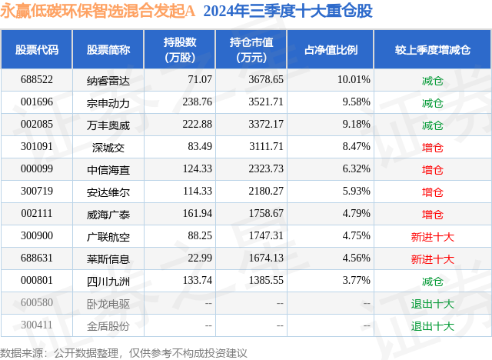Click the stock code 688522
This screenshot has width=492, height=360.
(x=37, y=80)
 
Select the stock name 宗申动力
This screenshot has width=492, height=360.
(x=108, y=102)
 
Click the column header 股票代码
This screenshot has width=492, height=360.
(x=37, y=50)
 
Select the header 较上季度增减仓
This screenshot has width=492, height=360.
(x=432, y=50)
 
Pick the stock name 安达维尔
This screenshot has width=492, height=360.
(x=108, y=192)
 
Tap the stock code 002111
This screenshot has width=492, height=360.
(x=37, y=214)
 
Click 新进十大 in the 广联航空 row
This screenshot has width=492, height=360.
(x=432, y=237)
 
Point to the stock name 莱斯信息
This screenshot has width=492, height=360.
(x=108, y=259)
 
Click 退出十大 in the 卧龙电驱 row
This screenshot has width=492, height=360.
(x=432, y=304)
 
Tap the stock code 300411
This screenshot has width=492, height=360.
(x=37, y=325)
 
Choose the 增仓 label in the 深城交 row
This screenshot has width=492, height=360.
(x=432, y=147)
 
